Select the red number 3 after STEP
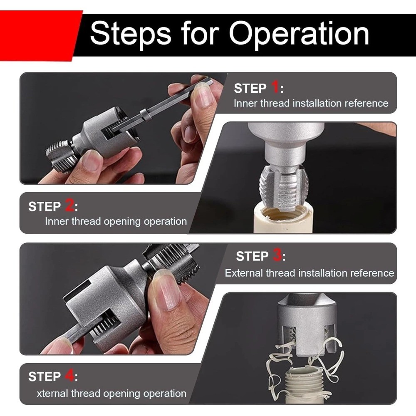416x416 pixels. pyautogui.click(x=277, y=255)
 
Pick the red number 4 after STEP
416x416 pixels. pyautogui.click(x=69, y=376)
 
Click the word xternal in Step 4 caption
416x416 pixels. pyautogui.click(x=52, y=393)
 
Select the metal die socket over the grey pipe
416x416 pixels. pyautogui.click(x=306, y=329)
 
